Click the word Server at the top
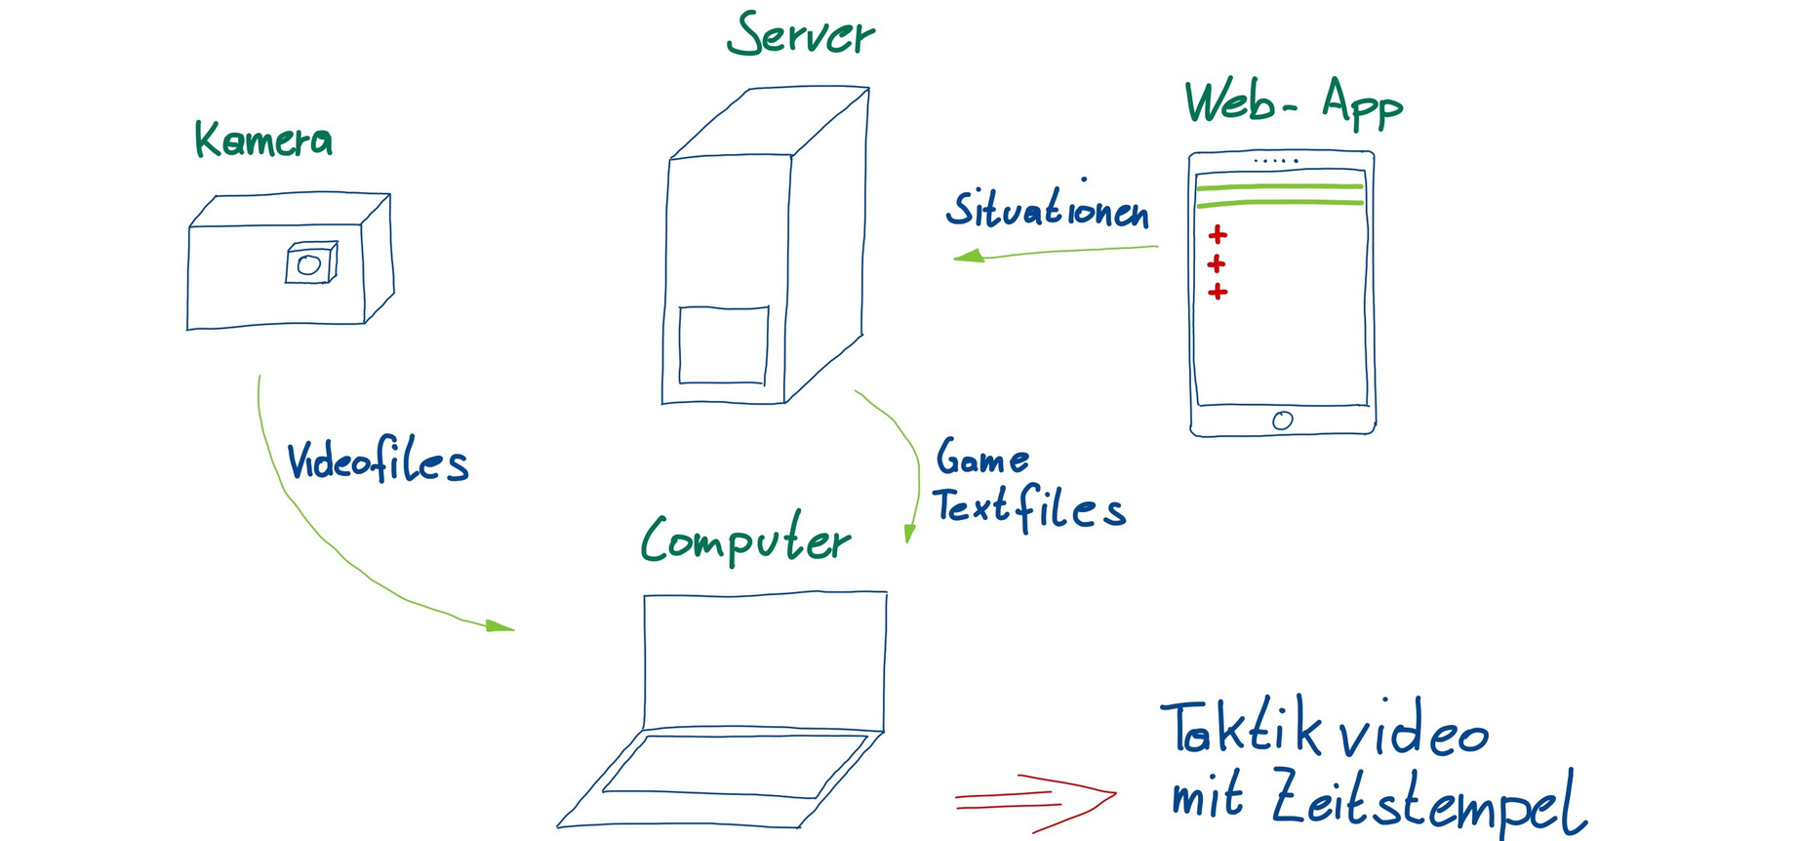800,36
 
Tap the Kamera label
263,140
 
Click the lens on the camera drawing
309,264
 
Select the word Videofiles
378,461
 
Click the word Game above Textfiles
981,458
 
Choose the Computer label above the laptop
745,540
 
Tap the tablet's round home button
1283,420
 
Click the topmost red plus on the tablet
1218,234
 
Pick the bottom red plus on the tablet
1218,292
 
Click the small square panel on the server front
723,345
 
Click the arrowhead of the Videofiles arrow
500,625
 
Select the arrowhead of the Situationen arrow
969,257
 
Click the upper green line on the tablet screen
1279,185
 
